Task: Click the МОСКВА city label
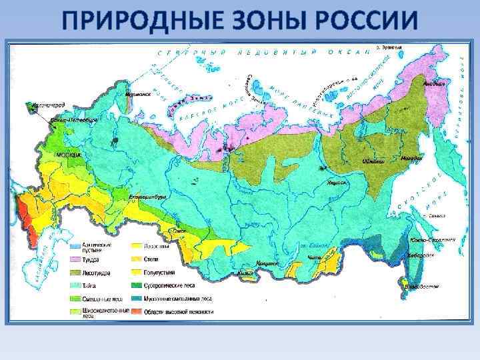(x=68, y=155)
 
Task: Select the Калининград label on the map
(x=45, y=105)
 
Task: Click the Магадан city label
(x=413, y=159)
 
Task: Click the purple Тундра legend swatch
(x=75, y=260)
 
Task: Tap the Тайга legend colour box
(x=75, y=285)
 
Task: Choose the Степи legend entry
(x=151, y=260)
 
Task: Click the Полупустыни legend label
(x=156, y=273)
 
